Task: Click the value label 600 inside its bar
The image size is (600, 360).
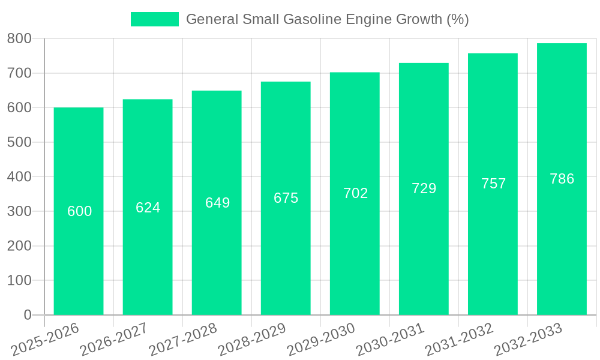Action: point(79,211)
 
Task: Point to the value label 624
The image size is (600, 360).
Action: point(148,208)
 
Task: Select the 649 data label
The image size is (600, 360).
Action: point(217,203)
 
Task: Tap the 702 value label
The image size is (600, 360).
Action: point(355,193)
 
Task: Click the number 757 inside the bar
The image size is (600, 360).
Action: point(493,184)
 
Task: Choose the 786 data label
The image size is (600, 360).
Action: point(562,179)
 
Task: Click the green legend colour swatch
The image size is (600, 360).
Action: point(155,19)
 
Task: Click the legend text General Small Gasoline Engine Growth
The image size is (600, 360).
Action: point(327,19)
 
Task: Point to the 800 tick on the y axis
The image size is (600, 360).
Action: point(19,38)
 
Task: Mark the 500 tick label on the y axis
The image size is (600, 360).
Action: point(19,142)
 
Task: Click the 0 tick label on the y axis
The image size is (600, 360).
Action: point(27,315)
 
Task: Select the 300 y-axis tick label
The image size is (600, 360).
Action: point(19,211)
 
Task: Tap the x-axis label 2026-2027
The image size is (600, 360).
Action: point(115,340)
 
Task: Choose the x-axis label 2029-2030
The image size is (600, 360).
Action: point(322,340)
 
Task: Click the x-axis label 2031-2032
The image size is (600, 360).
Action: point(460,340)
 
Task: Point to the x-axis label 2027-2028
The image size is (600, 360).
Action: point(184,340)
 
